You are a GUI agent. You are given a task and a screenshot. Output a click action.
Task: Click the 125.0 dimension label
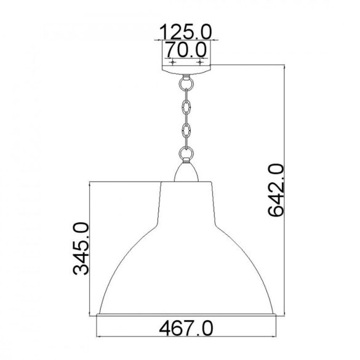(185, 31)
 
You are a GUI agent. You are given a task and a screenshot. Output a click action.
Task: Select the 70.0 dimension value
(186, 50)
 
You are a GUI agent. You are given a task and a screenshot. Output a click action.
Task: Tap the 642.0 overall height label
(276, 190)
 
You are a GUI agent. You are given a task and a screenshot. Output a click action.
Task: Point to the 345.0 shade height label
(81, 249)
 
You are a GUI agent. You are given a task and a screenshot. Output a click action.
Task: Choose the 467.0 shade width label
(186, 329)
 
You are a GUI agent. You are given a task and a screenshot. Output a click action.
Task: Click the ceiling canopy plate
(186, 70)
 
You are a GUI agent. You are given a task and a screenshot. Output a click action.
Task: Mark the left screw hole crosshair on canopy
(173, 62)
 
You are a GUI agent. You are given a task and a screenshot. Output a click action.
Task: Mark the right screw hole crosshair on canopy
(200, 62)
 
